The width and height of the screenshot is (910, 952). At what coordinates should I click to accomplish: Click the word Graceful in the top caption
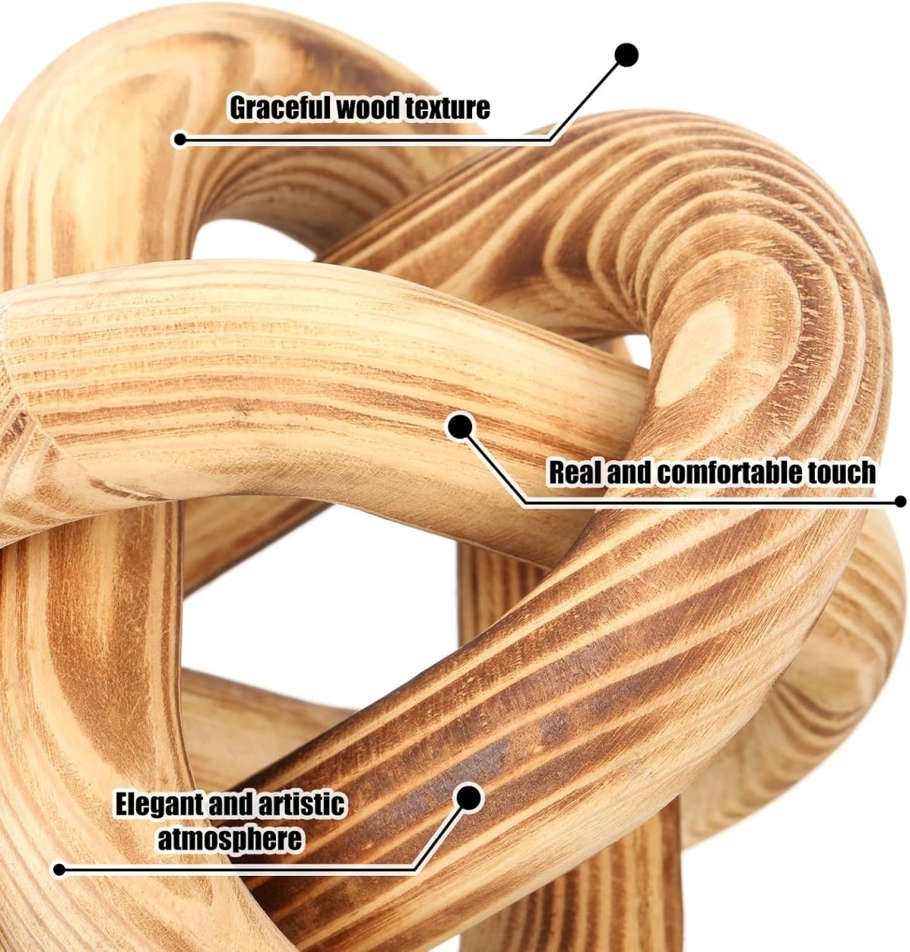coord(282,107)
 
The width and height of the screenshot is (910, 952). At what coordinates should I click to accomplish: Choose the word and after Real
coord(629,471)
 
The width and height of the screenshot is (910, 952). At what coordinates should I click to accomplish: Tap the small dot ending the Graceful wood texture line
coord(180,140)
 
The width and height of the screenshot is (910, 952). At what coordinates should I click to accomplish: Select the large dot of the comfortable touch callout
coord(460,427)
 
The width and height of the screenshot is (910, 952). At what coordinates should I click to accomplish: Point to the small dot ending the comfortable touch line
coord(900,501)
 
